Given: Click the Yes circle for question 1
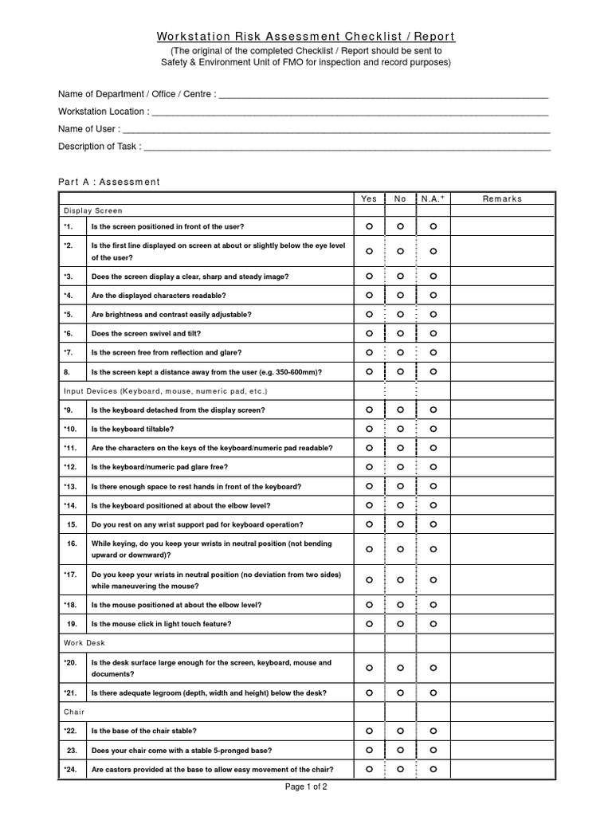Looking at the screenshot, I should point(369,226).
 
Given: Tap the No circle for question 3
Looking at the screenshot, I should point(401,277).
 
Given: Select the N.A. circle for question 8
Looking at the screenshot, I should point(433,372).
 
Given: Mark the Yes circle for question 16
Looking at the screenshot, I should point(369,549).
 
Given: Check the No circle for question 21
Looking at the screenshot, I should point(401,692).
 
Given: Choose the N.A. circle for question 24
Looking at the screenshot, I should point(433,770).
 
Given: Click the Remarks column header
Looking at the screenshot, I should point(502,198).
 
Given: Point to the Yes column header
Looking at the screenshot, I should point(369,198).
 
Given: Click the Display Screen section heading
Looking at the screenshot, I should point(93,211).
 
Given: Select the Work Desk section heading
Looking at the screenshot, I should point(84,642).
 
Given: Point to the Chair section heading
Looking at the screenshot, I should point(74,712).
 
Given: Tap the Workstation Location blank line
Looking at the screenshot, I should point(351,112).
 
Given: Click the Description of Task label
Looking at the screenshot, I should point(99,147).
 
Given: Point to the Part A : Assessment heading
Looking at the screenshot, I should point(109,182).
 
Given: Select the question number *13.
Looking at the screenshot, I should point(70,486).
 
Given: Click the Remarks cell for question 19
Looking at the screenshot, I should point(502,624).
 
